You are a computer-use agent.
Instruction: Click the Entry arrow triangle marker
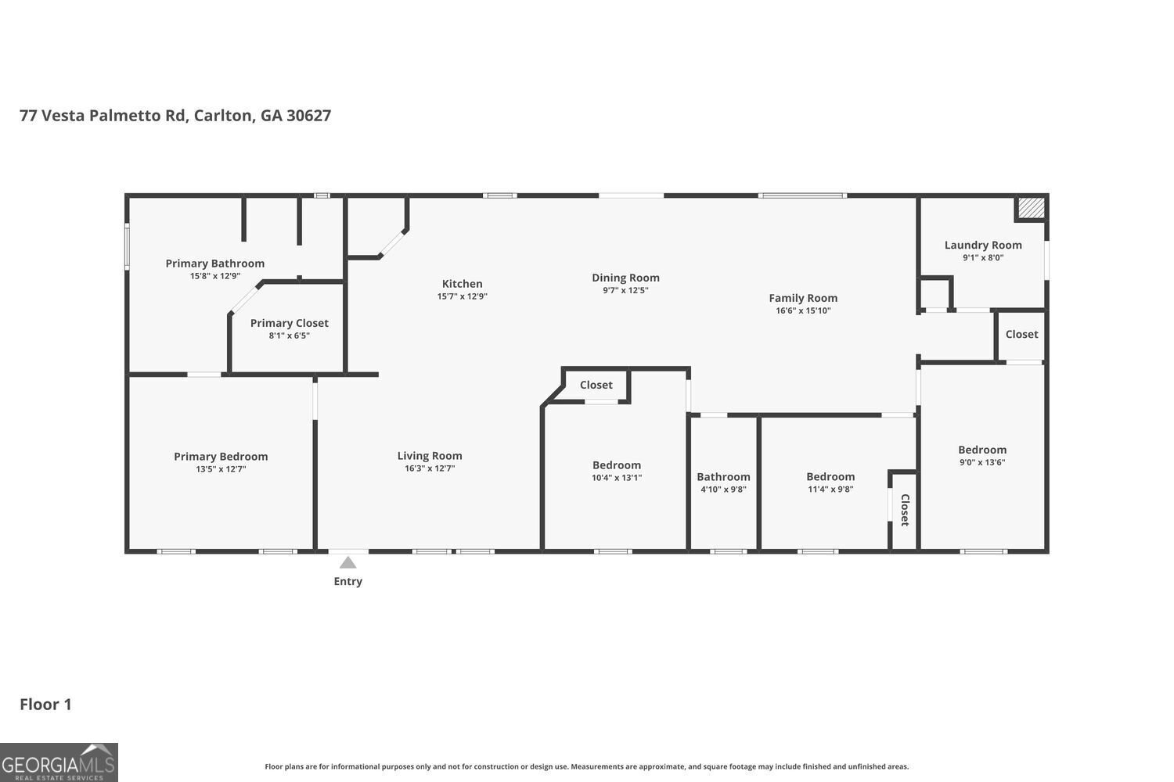(348, 563)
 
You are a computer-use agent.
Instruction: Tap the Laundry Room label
(983, 245)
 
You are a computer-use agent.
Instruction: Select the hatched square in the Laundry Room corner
(1031, 208)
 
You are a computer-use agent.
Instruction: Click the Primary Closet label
(290, 323)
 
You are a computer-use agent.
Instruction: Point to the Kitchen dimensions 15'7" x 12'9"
(463, 296)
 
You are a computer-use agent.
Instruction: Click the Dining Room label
(626, 278)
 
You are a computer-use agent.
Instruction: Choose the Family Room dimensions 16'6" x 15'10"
(803, 310)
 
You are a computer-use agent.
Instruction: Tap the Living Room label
(430, 456)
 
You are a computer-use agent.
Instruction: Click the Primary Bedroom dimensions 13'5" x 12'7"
(221, 468)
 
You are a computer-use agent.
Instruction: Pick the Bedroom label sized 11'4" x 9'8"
(830, 477)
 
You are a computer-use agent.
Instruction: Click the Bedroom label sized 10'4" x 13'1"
(617, 465)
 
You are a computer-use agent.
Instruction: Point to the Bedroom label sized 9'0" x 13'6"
(982, 450)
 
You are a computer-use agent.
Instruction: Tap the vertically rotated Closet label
(905, 510)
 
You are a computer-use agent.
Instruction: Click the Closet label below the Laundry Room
(1021, 334)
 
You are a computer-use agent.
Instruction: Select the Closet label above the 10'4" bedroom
(596, 385)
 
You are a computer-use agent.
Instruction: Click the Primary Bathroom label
(215, 264)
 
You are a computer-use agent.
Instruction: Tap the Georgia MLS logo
(59, 762)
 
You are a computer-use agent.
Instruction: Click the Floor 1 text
(45, 705)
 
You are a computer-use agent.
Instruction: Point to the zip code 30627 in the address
(308, 115)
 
